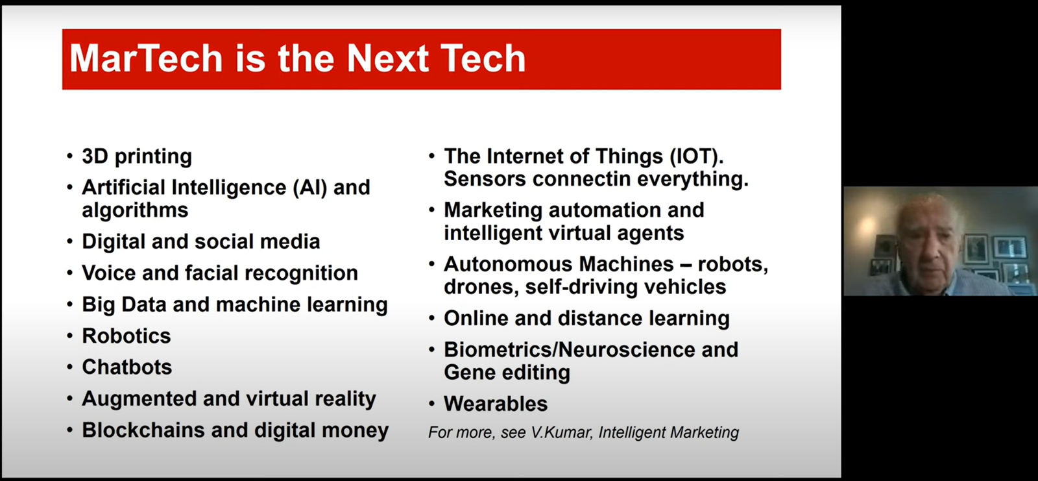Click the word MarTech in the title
point(147,58)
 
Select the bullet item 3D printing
point(137,157)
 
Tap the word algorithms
point(135,210)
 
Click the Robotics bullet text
point(127,336)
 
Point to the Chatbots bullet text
point(127,367)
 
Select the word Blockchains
point(143,430)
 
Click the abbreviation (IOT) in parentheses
point(697,157)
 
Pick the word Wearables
point(496,404)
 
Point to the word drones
point(481,287)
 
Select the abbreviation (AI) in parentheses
point(310,188)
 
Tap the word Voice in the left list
point(109,273)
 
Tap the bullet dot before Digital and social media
point(70,241)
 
